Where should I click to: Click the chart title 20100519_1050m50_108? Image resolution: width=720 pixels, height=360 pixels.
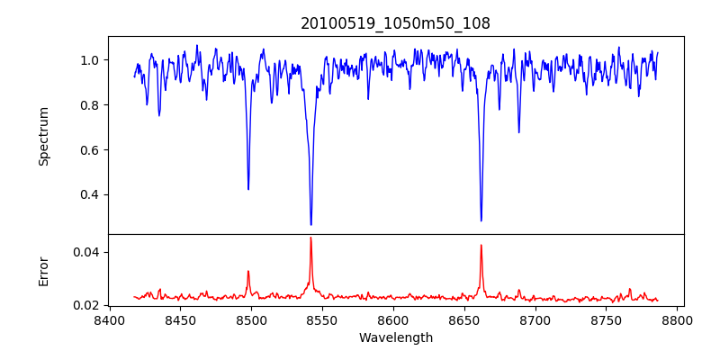click(x=395, y=23)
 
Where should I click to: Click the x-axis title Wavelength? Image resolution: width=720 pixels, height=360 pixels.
click(x=395, y=337)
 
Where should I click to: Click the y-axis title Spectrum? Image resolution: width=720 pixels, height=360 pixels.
click(x=43, y=136)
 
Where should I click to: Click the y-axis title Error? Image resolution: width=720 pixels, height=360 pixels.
click(x=43, y=270)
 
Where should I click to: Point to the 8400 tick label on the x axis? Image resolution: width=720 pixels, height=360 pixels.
click(x=109, y=320)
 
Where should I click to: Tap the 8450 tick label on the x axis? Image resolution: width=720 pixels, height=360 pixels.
click(x=180, y=320)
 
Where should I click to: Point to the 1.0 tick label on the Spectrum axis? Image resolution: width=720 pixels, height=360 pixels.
click(x=90, y=60)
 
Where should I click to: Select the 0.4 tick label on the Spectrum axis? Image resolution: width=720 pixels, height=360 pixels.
click(x=90, y=195)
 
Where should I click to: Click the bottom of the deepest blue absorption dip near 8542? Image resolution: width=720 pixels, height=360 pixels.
click(x=310, y=224)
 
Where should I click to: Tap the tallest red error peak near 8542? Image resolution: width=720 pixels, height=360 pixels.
click(x=310, y=238)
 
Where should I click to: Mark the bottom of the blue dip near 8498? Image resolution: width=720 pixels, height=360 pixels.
click(x=248, y=189)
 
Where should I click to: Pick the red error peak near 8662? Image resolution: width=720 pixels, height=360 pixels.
click(x=481, y=245)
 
